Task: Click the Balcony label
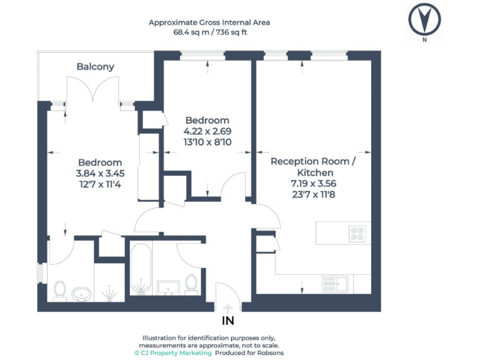[95, 66]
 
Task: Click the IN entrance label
[228, 321]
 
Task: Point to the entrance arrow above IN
[228, 307]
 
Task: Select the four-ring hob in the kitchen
[358, 234]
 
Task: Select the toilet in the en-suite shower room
[60, 290]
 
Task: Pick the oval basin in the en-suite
[81, 292]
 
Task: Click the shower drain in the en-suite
[111, 292]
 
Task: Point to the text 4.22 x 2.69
[207, 131]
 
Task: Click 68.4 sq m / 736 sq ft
[209, 32]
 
